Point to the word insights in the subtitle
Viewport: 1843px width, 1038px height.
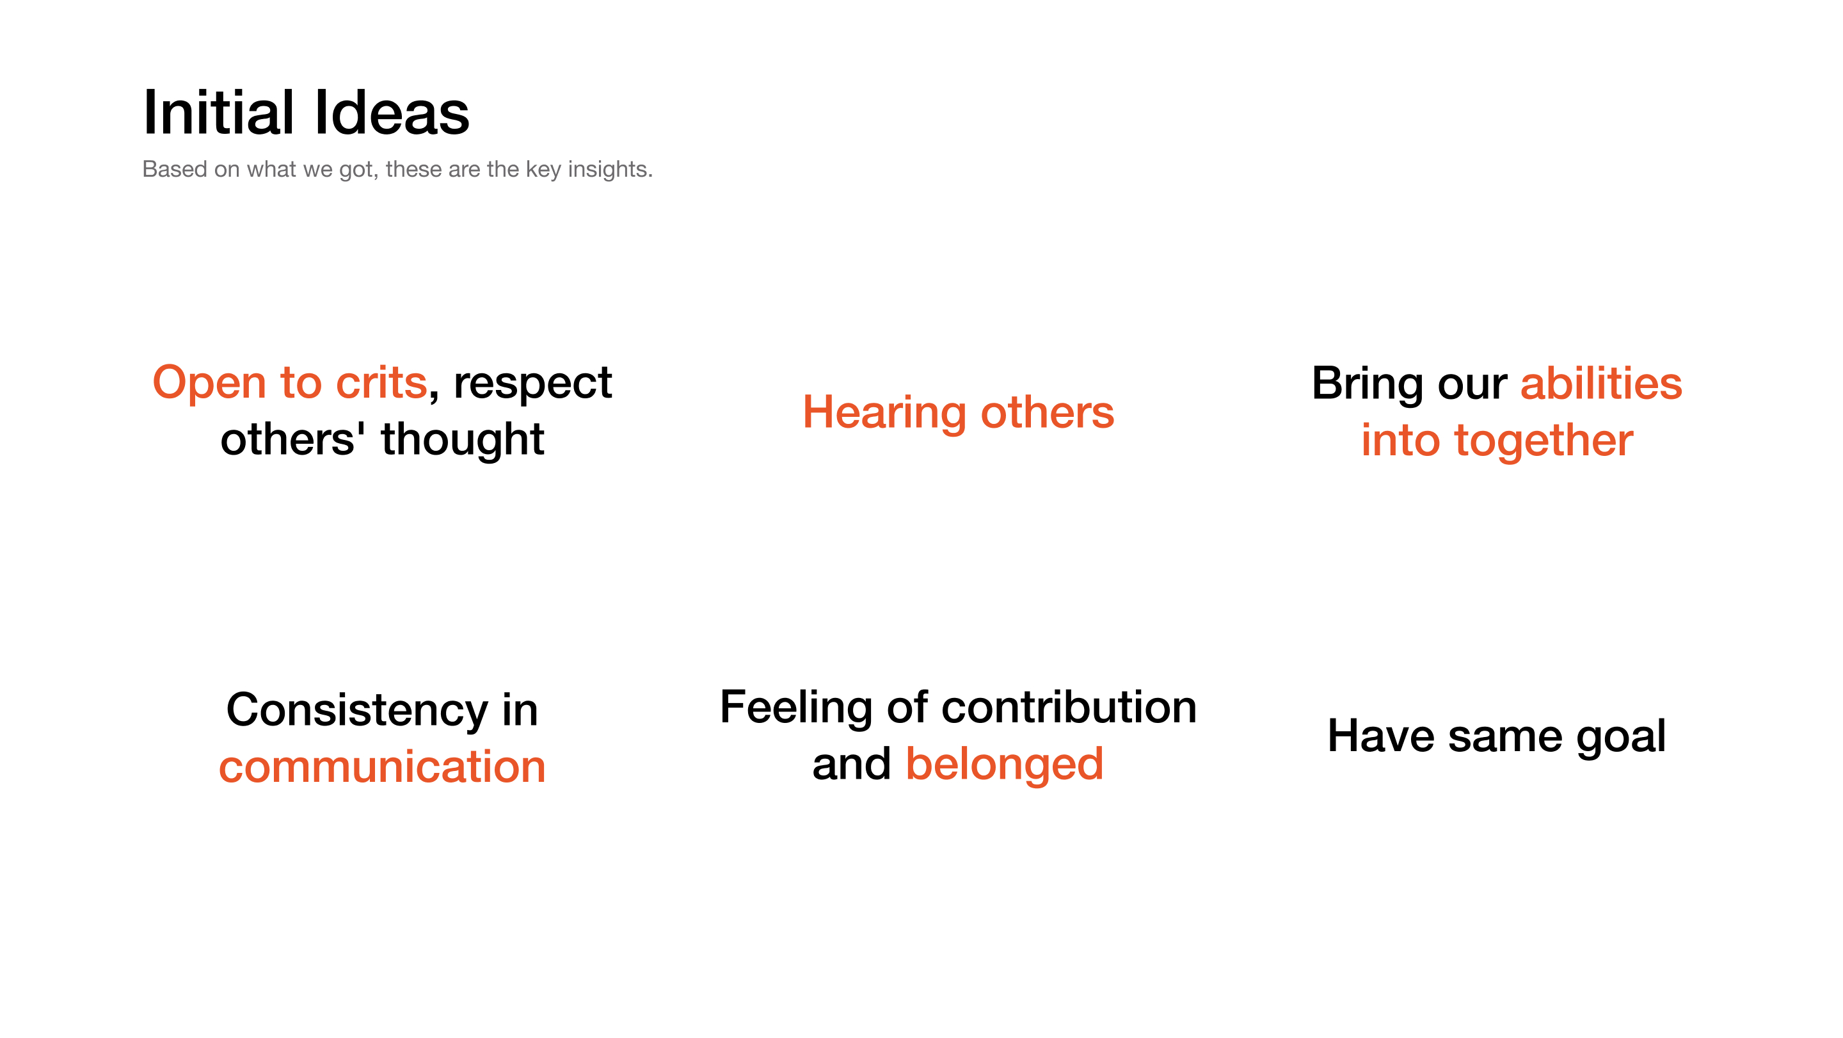point(610,170)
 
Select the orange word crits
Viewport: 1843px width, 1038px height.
point(381,382)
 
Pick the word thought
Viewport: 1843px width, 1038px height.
point(462,439)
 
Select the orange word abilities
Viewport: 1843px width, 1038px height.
point(1601,384)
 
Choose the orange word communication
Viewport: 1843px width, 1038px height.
point(382,766)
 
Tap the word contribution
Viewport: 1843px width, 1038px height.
point(1069,708)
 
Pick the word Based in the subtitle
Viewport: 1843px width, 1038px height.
point(175,170)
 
